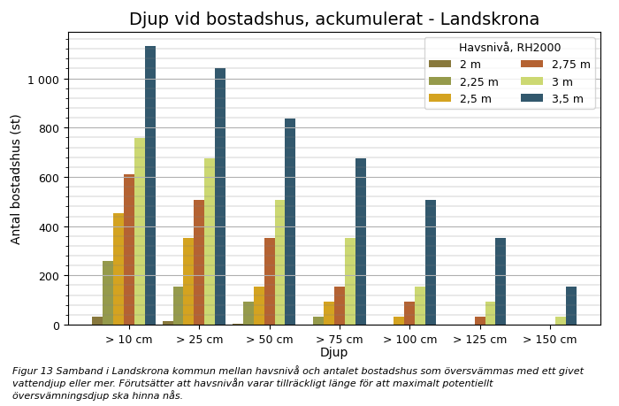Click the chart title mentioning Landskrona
pos(333,19)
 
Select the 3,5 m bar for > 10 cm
pos(150,186)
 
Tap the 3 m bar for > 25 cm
pos(210,241)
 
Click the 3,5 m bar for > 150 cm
pos(571,306)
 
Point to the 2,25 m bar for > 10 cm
pos(108,293)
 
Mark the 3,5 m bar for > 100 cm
pos(431,263)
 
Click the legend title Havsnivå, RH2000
pos(509,48)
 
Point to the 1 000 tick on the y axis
pos(43,80)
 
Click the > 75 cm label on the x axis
pos(340,339)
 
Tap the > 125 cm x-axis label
pos(480,339)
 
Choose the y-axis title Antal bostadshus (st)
pos(16,179)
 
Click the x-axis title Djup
pos(333,353)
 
